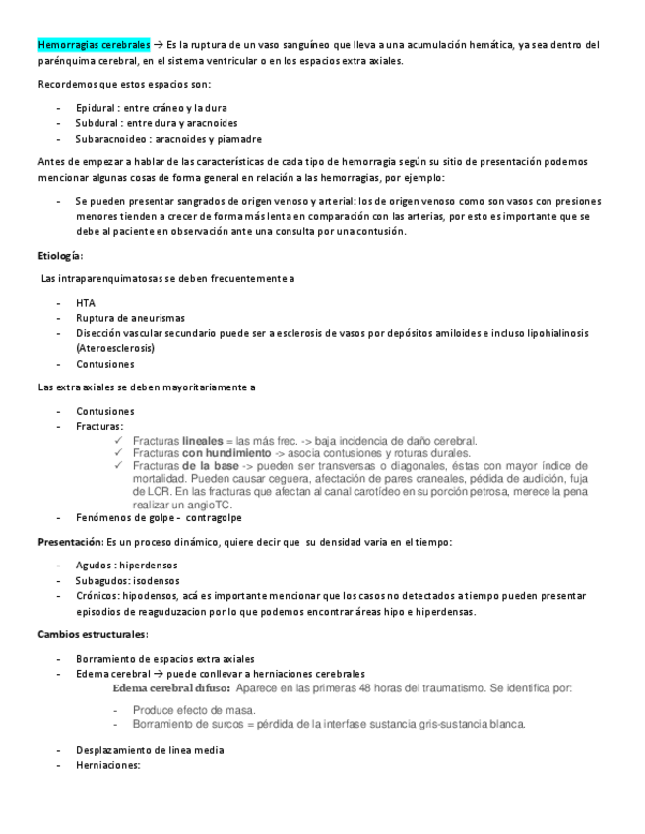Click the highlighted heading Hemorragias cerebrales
(x=95, y=45)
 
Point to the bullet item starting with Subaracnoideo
(x=168, y=139)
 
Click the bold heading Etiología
(x=60, y=256)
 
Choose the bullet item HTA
(x=86, y=303)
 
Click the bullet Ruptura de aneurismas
(x=130, y=318)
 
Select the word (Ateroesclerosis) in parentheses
(x=116, y=348)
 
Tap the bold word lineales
(x=203, y=441)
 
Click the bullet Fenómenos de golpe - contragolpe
(x=159, y=517)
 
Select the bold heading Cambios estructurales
(x=93, y=634)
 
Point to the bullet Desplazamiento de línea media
(x=150, y=750)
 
